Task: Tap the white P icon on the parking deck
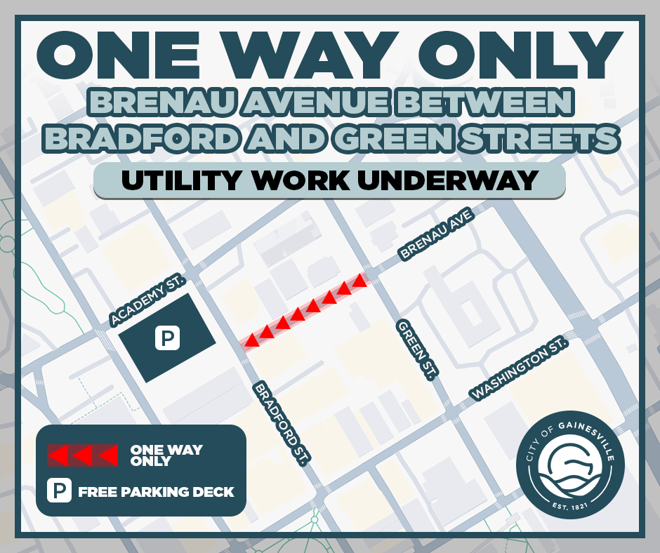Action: (167, 338)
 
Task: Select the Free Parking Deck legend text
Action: (156, 491)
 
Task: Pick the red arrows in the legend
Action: (83, 455)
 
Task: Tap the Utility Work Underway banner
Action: (329, 180)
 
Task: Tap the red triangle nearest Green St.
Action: (359, 281)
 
